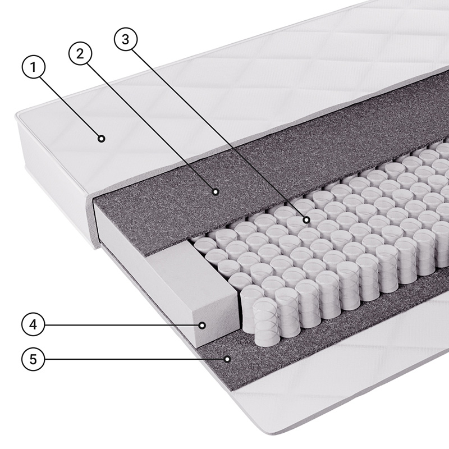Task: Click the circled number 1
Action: [x=34, y=67]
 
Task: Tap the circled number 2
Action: [x=80, y=53]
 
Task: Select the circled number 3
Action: [x=125, y=39]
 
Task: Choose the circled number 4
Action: [x=34, y=325]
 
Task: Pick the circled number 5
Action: [x=34, y=359]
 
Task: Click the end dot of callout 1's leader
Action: [x=101, y=139]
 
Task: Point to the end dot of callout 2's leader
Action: [x=216, y=191]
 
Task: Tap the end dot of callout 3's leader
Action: [x=306, y=220]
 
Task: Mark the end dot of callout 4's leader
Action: [x=203, y=326]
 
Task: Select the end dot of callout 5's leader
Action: [x=227, y=359]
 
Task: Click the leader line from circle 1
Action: [x=70, y=106]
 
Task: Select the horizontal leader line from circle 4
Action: [x=122, y=325]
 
